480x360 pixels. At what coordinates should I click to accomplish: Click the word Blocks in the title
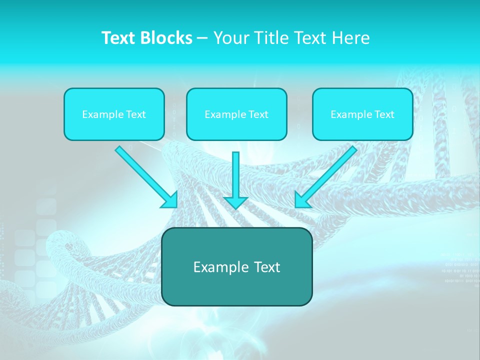[168, 38]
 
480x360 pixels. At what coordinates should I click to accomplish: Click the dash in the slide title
[202, 38]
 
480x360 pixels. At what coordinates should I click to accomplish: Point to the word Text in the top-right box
[384, 114]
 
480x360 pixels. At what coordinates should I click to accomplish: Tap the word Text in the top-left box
[136, 114]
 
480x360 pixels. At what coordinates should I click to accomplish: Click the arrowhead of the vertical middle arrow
[235, 202]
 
